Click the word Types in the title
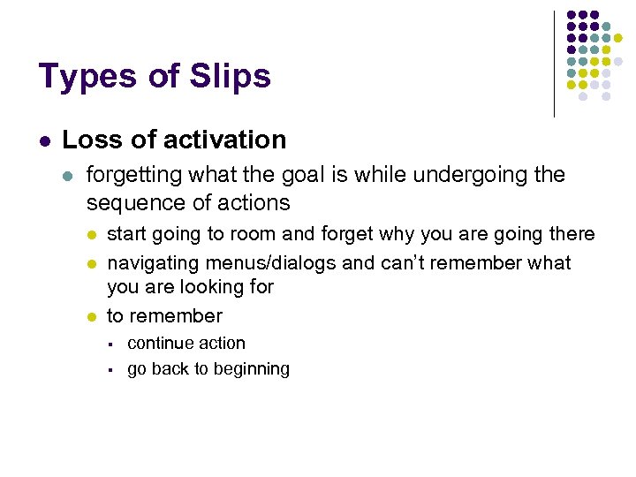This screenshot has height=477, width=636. click(x=80, y=77)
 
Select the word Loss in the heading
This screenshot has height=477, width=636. click(x=87, y=140)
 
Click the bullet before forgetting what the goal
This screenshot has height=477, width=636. click(x=70, y=175)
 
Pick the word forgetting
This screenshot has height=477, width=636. click(x=133, y=175)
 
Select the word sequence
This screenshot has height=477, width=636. click(x=131, y=202)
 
